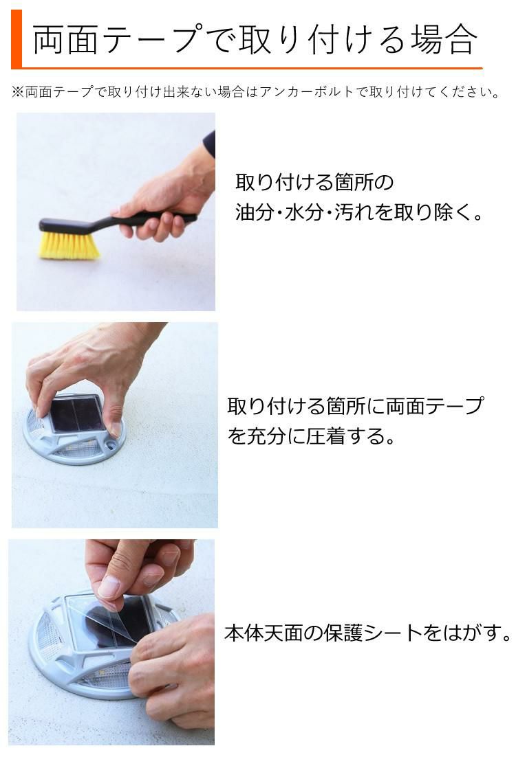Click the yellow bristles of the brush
(x=69, y=246)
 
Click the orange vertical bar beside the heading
(x=17, y=39)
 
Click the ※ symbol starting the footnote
(x=18, y=92)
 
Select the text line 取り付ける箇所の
(x=314, y=183)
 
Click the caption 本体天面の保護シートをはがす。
(x=368, y=633)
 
